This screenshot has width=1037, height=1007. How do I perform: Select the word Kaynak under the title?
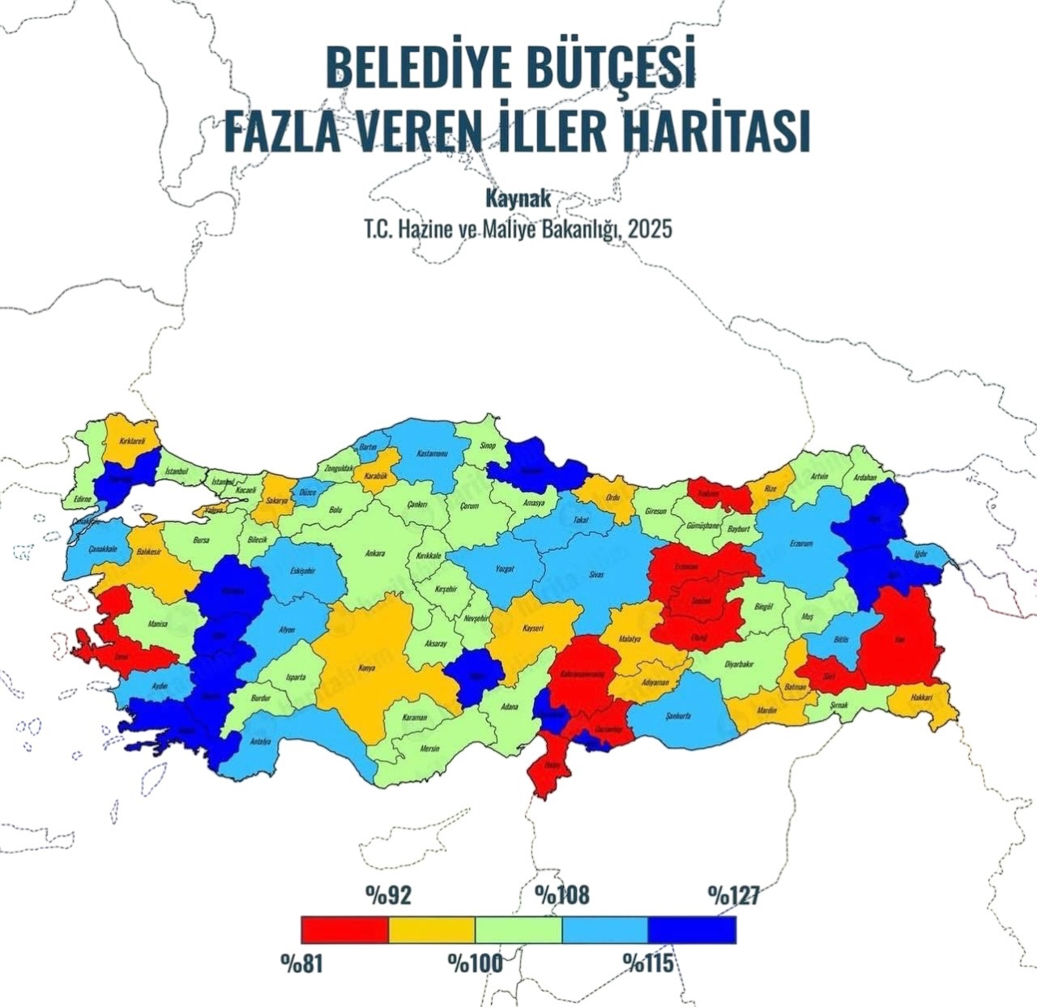pyautogui.click(x=518, y=198)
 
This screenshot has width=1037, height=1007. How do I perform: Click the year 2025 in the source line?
pyautogui.click(x=650, y=229)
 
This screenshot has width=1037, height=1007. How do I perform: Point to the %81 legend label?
pyautogui.click(x=302, y=963)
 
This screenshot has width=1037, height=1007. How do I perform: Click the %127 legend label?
pyautogui.click(x=733, y=894)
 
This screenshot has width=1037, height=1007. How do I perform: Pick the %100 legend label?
pyautogui.click(x=476, y=963)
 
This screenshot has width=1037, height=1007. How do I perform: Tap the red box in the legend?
pyautogui.click(x=344, y=929)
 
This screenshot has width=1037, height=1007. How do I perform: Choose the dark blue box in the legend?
pyautogui.click(x=692, y=929)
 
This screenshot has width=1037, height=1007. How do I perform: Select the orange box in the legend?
pyautogui.click(x=432, y=929)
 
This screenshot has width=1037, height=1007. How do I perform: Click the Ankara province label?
pyautogui.click(x=375, y=554)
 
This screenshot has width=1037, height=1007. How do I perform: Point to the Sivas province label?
pyautogui.click(x=595, y=574)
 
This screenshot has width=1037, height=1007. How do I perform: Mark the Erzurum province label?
pyautogui.click(x=801, y=544)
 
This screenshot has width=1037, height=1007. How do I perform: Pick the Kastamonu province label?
pyautogui.click(x=432, y=454)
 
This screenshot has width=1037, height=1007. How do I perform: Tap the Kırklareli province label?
pyautogui.click(x=132, y=442)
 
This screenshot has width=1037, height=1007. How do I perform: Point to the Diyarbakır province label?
pyautogui.click(x=738, y=664)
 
